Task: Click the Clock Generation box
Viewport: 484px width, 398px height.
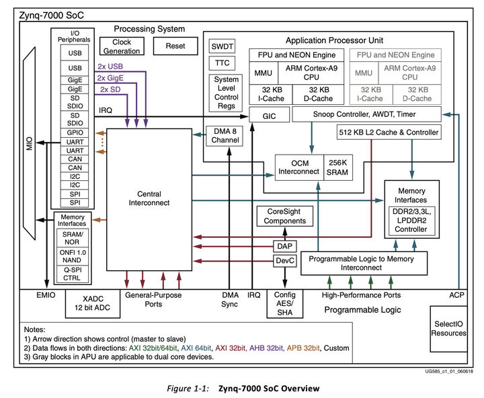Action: tap(117, 46)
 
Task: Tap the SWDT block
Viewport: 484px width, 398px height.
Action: tap(223, 46)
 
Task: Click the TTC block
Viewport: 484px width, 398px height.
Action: tap(223, 63)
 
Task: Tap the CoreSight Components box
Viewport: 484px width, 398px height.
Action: tap(284, 216)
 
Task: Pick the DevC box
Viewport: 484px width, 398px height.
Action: tap(284, 261)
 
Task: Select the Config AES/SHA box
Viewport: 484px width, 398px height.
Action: tap(285, 304)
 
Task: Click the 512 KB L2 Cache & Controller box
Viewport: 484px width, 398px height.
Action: tap(389, 132)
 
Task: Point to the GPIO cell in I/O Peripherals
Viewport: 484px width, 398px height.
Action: tap(75, 132)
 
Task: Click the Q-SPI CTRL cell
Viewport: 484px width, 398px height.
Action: tap(72, 274)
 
